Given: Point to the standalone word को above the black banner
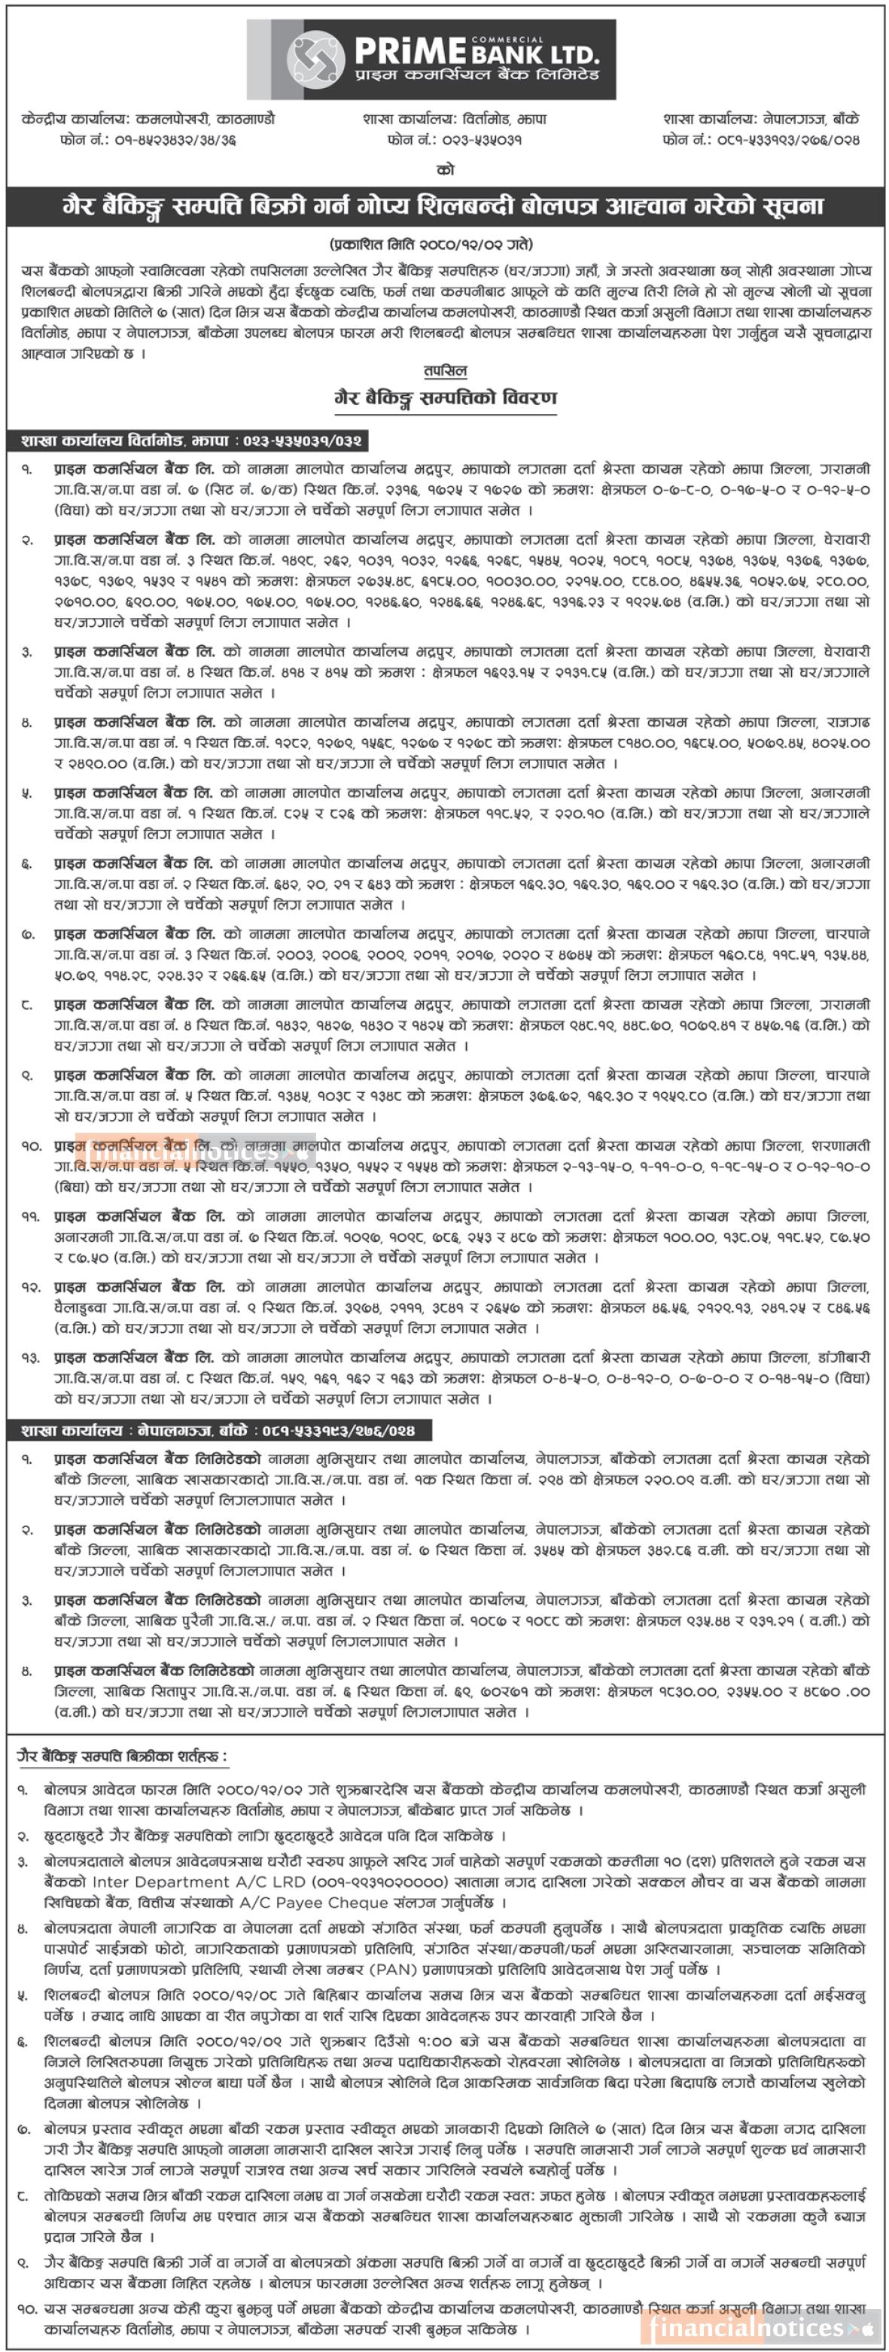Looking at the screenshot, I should pos(444,170).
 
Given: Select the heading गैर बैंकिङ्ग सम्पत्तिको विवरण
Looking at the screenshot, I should pos(444,397).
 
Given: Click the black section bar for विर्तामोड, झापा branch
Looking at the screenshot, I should pos(192,441).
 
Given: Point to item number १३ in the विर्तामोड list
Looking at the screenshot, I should pos(26,1358).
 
